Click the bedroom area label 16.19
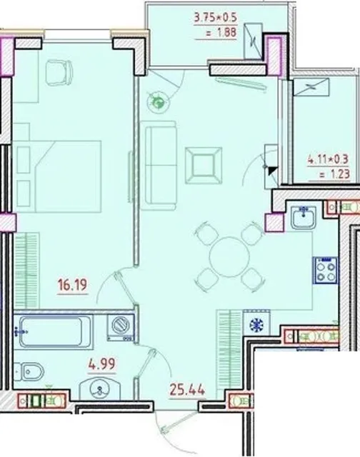(x=73, y=285)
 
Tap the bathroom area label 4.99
(x=102, y=364)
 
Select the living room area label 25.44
(x=187, y=390)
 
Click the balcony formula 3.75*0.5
(x=216, y=17)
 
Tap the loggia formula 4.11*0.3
(x=329, y=160)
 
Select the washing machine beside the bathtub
(x=121, y=327)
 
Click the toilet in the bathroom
(x=29, y=371)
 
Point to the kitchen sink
(x=304, y=217)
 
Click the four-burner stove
(x=325, y=270)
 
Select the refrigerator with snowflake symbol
(x=256, y=323)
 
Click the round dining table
(x=229, y=257)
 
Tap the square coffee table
(x=204, y=166)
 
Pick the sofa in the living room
(x=159, y=165)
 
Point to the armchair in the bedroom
(x=59, y=72)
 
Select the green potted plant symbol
(x=159, y=103)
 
